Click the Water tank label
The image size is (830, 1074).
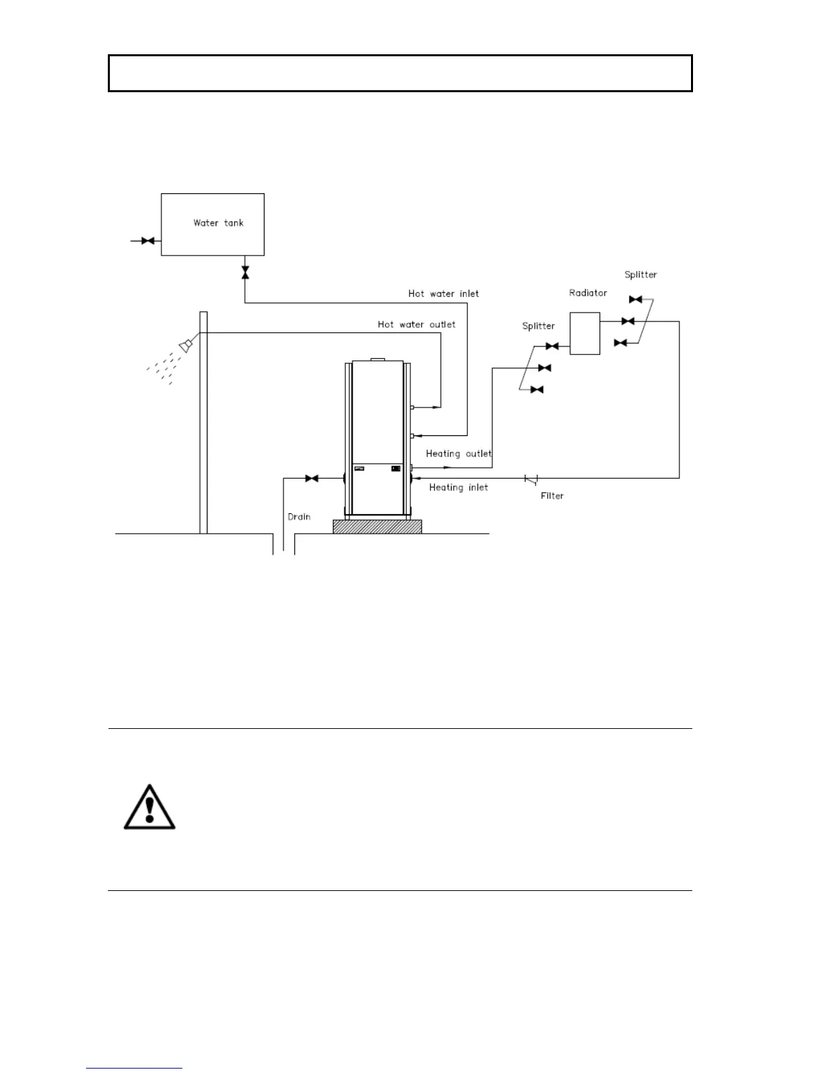pos(218,222)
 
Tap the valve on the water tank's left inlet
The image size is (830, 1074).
pos(148,241)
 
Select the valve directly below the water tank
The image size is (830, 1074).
pos(245,272)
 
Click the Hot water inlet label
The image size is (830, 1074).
pos(443,294)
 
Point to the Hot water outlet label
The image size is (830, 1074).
pos(416,324)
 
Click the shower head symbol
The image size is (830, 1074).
pos(185,346)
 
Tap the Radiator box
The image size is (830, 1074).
pos(585,333)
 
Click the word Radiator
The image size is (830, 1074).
pos(588,293)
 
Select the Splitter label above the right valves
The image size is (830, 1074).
pos(640,275)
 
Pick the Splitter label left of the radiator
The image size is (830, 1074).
pos(538,326)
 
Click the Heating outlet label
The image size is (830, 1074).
pos(458,454)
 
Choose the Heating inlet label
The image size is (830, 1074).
pos(458,488)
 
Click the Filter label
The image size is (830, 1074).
pos(552,496)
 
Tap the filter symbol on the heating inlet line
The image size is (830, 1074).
pos(531,479)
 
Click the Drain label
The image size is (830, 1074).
pos(299,517)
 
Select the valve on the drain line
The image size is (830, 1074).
pos(312,479)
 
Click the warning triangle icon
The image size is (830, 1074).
pos(149,808)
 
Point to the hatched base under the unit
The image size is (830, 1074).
pos(377,526)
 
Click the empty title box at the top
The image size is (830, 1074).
pos(400,73)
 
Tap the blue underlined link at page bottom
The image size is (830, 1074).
pos(134,1068)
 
